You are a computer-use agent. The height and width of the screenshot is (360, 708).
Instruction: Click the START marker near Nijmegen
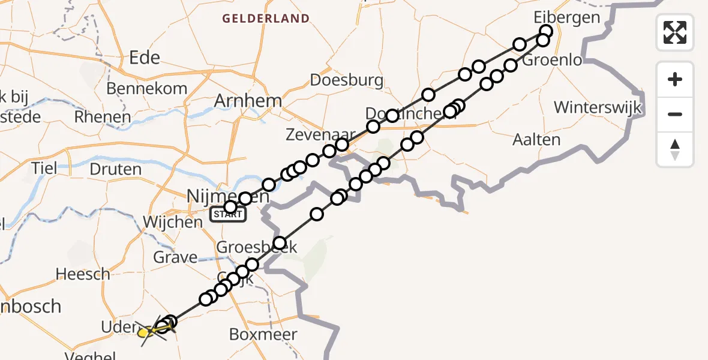pyautogui.click(x=227, y=215)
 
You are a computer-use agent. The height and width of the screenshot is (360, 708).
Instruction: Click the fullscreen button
pyautogui.click(x=675, y=32)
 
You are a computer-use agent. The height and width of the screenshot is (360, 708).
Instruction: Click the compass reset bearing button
pyautogui.click(x=675, y=149)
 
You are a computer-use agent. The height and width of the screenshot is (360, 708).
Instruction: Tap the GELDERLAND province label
pyautogui.click(x=266, y=19)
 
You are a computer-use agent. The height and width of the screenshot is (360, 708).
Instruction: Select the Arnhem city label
pyautogui.click(x=248, y=100)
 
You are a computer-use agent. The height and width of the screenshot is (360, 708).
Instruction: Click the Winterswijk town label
pyautogui.click(x=598, y=107)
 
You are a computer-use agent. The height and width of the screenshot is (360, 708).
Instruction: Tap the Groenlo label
pyautogui.click(x=552, y=61)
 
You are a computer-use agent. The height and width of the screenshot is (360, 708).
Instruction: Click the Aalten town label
pyautogui.click(x=536, y=140)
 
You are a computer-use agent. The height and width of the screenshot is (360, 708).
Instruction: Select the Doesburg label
pyautogui.click(x=347, y=80)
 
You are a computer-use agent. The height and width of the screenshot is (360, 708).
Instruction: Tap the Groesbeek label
pyautogui.click(x=257, y=247)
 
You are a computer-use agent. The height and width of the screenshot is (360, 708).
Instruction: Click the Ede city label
pyautogui.click(x=145, y=58)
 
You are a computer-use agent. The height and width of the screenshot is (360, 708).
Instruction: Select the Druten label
pyautogui.click(x=115, y=169)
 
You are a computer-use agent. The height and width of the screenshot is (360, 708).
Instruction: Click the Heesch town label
pyautogui.click(x=83, y=274)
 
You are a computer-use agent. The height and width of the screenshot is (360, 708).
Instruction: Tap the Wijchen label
pyautogui.click(x=173, y=222)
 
